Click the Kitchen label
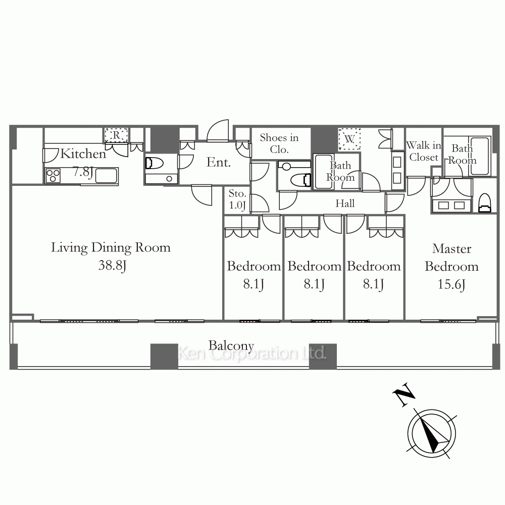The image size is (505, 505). pos(83,154)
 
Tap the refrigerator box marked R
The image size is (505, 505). pos(116,135)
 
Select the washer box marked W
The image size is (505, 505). pos(349,139)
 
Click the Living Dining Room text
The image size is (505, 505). pos(111,247)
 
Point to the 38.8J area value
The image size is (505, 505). pos(112,266)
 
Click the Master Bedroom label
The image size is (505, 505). pos(451,258)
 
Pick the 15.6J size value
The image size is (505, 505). pos(451,284)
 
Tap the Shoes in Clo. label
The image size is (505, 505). pos(279,143)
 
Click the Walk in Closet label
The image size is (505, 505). pos(424,151)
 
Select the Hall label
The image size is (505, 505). pos(345,203)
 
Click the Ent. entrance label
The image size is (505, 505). pos(219,162)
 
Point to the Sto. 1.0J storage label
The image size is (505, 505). pos(237,199)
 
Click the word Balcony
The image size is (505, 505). pos(231,346)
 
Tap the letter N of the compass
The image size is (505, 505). pos(403,394)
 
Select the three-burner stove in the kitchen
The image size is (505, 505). pos(53,176)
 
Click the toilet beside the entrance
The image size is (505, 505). pos(153,163)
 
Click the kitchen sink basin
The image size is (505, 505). pos(106,176)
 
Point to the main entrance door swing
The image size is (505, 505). pos(218,130)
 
